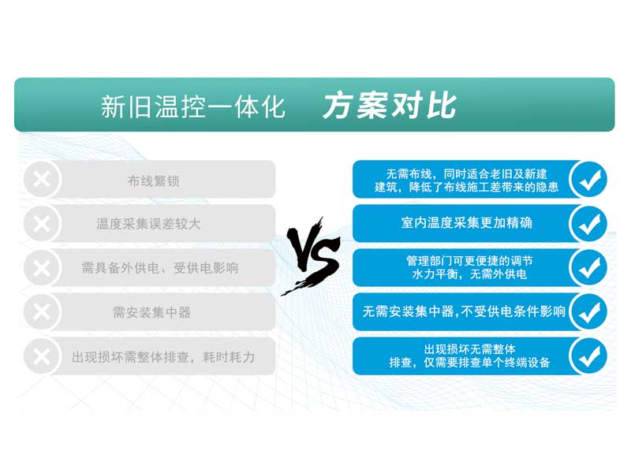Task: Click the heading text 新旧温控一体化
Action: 193,107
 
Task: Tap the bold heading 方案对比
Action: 390,106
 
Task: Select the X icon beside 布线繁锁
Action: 42,180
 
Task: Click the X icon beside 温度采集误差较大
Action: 42,224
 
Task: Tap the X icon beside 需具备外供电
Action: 42,268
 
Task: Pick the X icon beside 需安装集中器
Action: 42,311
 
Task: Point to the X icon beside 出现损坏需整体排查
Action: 42,356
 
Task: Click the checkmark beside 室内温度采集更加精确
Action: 589,224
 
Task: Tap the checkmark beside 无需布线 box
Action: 589,180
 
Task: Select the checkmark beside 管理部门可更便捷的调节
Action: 589,268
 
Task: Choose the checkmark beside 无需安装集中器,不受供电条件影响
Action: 589,311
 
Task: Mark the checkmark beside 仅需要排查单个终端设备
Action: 589,356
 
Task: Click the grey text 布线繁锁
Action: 153,181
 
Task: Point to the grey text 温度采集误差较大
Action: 148,224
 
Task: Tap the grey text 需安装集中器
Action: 151,312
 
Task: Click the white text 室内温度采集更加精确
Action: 466,222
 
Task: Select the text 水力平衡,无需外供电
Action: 469,274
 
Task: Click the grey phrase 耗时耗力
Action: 229,357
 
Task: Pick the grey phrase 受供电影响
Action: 206,268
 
